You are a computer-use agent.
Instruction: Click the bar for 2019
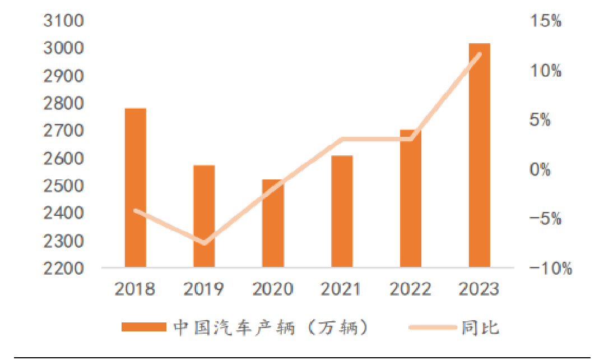coord(204,216)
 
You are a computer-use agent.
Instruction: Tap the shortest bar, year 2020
coord(273,223)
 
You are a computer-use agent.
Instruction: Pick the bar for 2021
coord(342,211)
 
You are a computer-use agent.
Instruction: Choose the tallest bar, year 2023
coord(479,154)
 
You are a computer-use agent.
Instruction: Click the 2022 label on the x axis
coord(410,289)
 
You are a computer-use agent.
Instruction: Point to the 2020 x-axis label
coord(273,289)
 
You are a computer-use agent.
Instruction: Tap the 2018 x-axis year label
coord(135,289)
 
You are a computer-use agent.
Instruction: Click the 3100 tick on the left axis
coord(63,21)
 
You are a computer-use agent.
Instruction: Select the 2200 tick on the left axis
coord(63,269)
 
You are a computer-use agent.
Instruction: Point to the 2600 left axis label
coord(63,159)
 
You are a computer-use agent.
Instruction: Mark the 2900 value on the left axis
coord(63,76)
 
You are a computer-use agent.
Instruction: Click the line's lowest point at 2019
coord(205,243)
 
